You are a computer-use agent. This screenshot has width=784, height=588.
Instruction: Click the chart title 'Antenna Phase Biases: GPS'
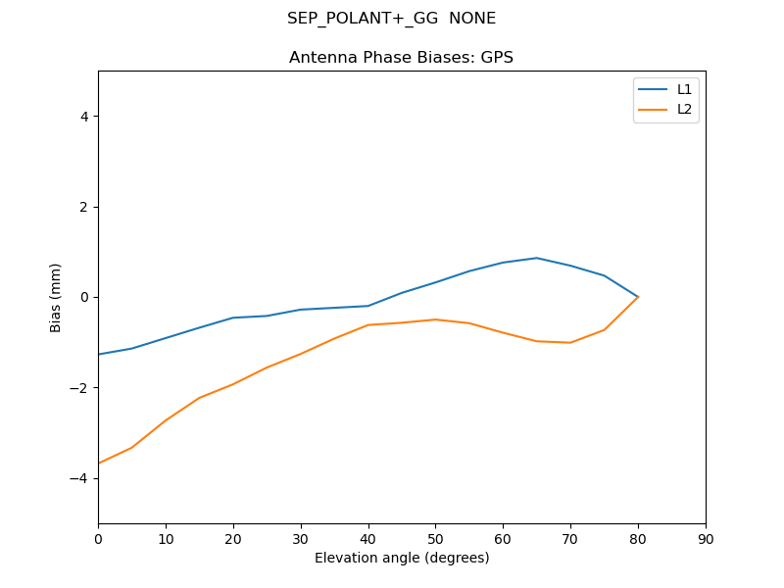point(401,58)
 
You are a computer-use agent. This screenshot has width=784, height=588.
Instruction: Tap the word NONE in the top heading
point(472,19)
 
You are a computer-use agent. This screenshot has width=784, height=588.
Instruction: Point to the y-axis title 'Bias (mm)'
point(56,297)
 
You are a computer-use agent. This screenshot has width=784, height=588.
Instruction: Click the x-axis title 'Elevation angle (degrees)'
point(401,559)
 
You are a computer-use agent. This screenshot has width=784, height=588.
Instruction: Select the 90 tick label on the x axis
point(706,538)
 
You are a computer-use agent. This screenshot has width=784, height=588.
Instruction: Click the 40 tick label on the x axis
point(367,538)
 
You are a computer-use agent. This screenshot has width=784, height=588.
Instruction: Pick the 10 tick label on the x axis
point(166,538)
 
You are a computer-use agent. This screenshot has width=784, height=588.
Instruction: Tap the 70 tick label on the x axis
point(570,538)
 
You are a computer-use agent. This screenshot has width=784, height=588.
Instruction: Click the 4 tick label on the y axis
point(84,117)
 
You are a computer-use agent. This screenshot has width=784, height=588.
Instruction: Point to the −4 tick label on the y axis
point(80,478)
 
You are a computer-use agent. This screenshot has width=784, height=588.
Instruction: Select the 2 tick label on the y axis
point(84,207)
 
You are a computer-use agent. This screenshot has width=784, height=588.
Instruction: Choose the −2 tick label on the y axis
point(80,388)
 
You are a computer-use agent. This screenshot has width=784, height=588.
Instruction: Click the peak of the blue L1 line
point(536,258)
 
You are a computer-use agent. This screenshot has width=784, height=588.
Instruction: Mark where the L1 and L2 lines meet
point(638,297)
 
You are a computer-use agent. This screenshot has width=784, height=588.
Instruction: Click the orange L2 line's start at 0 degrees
point(99,463)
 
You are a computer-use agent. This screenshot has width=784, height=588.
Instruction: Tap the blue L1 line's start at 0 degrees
point(99,354)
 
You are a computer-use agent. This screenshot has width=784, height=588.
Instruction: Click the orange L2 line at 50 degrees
point(435,319)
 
